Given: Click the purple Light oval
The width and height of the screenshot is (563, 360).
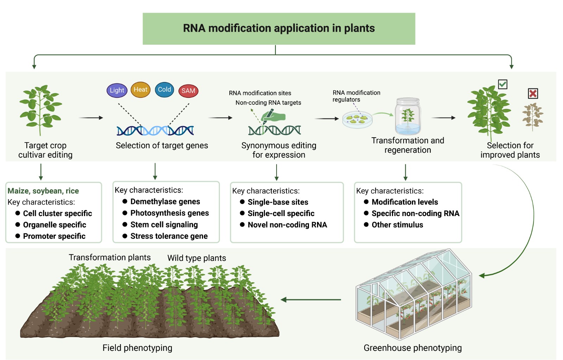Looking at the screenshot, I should click(117, 90).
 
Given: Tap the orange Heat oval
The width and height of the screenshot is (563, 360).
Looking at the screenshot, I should click(140, 90).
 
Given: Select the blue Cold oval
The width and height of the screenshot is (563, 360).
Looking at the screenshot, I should click(164, 90).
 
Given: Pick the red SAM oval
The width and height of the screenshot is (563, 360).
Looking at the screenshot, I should click(188, 91).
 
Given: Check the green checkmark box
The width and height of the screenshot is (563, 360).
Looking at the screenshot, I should click(502, 84).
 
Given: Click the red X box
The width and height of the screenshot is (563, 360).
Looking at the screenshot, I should click(533, 93).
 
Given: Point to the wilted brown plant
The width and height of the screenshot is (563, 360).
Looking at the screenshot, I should click(533, 116).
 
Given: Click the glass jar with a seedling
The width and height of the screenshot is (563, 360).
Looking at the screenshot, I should click(407, 116).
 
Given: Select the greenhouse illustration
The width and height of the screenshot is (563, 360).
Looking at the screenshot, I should click(413, 294).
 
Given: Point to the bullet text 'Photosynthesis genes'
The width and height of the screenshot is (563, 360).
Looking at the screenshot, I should click(169, 213).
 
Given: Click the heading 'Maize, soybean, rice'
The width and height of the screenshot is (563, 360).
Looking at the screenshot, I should click(43, 191).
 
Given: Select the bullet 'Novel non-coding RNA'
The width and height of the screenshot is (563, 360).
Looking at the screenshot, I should click(287, 225).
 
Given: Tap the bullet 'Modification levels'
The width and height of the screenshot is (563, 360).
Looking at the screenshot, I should click(405, 202).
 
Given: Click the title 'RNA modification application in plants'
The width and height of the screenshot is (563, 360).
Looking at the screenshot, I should click(279, 29).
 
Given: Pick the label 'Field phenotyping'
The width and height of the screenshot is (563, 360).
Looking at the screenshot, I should click(137, 348).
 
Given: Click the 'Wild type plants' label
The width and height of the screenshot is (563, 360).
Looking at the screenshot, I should click(197, 258).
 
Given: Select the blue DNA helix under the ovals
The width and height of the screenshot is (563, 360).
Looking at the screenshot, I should click(155, 131).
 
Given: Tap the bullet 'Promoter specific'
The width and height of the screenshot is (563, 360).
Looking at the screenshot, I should click(54, 236).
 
